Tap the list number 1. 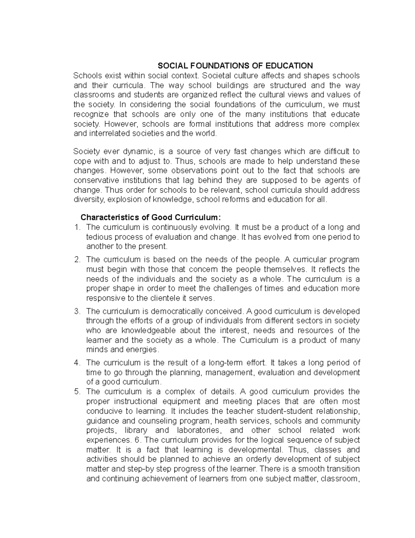point(77,227)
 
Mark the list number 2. point(77,259)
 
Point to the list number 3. point(77,311)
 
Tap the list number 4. point(77,363)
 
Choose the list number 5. point(77,392)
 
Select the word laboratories point(199,430)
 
